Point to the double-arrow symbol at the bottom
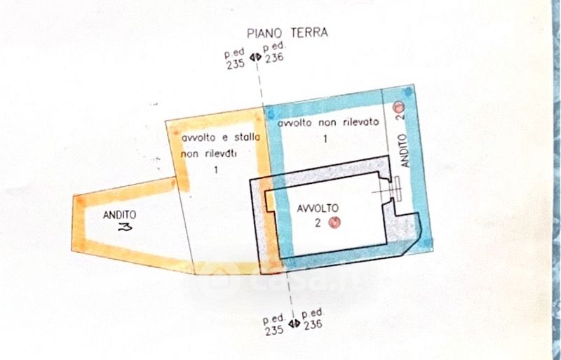294,324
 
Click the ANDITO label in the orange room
119,215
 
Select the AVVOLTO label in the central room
318,208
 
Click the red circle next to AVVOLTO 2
334,223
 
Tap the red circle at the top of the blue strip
400,107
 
